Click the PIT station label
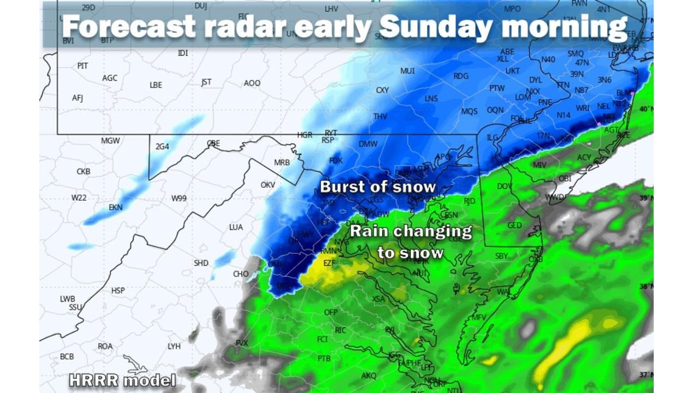82,65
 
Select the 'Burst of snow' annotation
378,187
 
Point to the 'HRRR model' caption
122,380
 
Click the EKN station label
116,207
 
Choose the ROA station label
105,346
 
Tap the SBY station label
501,256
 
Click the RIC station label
340,330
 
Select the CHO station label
241,274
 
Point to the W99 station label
179,198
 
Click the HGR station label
305,135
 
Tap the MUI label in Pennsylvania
407,71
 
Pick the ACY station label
584,158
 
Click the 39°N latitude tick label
646,198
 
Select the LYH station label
174,346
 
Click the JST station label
206,82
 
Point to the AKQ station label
369,376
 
